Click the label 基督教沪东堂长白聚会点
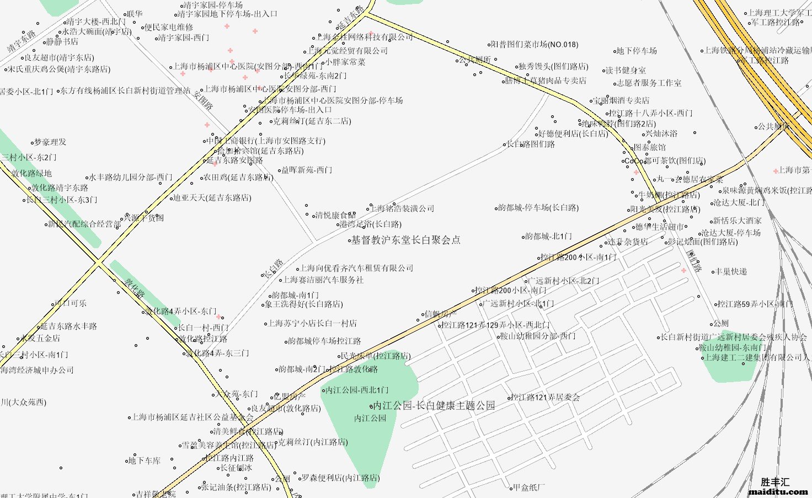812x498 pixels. click(x=405, y=240)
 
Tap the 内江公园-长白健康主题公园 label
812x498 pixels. click(x=434, y=406)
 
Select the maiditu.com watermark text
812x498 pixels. click(x=778, y=491)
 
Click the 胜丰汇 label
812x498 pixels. click(x=774, y=482)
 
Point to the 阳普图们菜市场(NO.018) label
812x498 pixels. click(x=535, y=45)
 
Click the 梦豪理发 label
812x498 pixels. click(x=50, y=142)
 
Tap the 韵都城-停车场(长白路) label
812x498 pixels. click(x=538, y=208)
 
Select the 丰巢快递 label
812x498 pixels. click(x=731, y=272)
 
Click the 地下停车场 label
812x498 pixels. click(x=637, y=51)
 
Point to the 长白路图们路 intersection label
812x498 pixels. click(x=531, y=144)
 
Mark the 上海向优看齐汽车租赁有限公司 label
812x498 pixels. click(x=356, y=269)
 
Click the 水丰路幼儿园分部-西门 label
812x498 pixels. click(x=131, y=178)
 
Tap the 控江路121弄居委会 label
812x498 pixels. click(x=545, y=397)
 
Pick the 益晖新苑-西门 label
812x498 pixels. click(x=307, y=170)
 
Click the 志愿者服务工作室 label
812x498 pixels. click(x=649, y=83)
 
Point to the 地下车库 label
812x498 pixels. click(x=144, y=460)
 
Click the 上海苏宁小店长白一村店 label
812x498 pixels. click(x=312, y=324)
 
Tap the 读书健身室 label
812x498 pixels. click(x=626, y=71)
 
